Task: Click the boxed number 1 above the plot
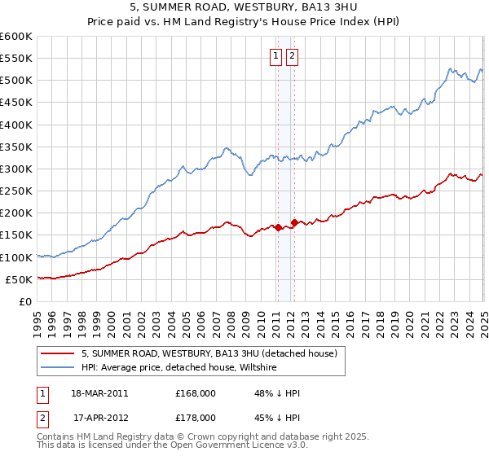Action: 276,56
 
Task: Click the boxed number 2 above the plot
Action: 292,56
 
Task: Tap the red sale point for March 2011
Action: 278,227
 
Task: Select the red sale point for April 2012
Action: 294,221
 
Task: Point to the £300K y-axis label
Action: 15,169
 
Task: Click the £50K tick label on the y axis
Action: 19,280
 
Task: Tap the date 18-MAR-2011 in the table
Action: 100,393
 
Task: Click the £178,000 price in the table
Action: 196,418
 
